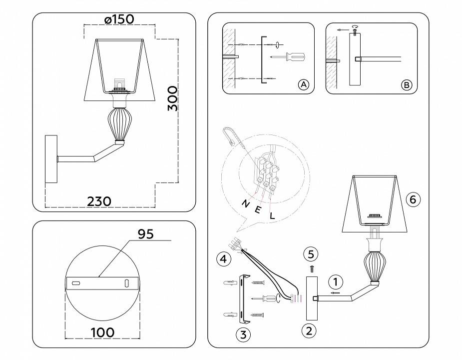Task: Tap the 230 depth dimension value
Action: [x=99, y=201]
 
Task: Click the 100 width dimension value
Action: [x=102, y=332]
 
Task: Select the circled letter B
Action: [x=407, y=84]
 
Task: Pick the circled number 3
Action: [x=243, y=334]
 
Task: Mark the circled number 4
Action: [x=224, y=259]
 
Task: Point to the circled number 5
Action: [x=311, y=254]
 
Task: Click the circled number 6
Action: [x=412, y=199]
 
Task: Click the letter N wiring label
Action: [x=246, y=203]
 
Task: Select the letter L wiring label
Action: [x=272, y=216]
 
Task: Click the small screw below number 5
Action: [x=311, y=268]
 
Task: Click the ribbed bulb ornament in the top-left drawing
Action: [x=119, y=124]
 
